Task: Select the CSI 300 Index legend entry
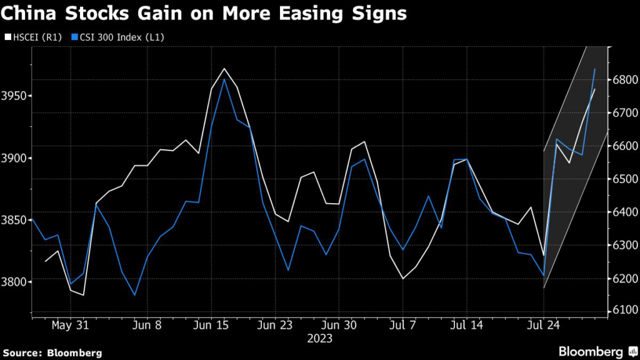pyautogui.click(x=116, y=37)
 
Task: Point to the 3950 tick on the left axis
pyautogui.click(x=15, y=96)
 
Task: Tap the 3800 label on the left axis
pyautogui.click(x=15, y=282)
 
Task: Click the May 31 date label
pyautogui.click(x=70, y=326)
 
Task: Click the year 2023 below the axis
pyautogui.click(x=319, y=339)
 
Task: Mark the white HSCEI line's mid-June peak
pyautogui.click(x=224, y=68)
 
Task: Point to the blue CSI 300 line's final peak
pyautogui.click(x=594, y=69)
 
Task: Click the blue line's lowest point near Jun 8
pyautogui.click(x=134, y=295)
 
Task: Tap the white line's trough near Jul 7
pyautogui.click(x=402, y=278)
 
